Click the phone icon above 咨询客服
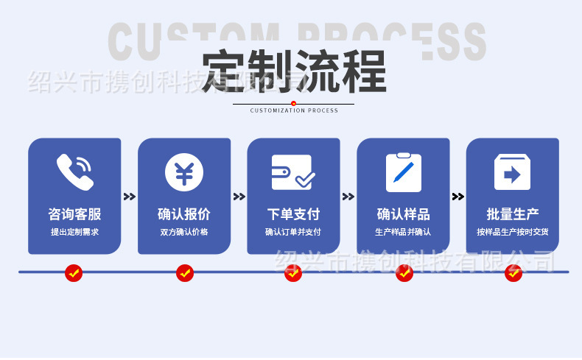74,171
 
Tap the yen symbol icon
184,172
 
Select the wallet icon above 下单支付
293,172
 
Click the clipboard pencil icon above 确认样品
403,172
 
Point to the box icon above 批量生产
513,172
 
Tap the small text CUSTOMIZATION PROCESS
294,110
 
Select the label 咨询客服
74,214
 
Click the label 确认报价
184,214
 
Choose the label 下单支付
293,214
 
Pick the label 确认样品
403,214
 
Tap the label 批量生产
513,214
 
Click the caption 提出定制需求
74,232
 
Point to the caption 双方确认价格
184,232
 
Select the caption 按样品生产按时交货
513,232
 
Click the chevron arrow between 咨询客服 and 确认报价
130,197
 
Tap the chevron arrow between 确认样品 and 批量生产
457,197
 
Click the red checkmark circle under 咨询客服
74,273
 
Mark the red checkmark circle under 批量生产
513,273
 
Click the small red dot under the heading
293,104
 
